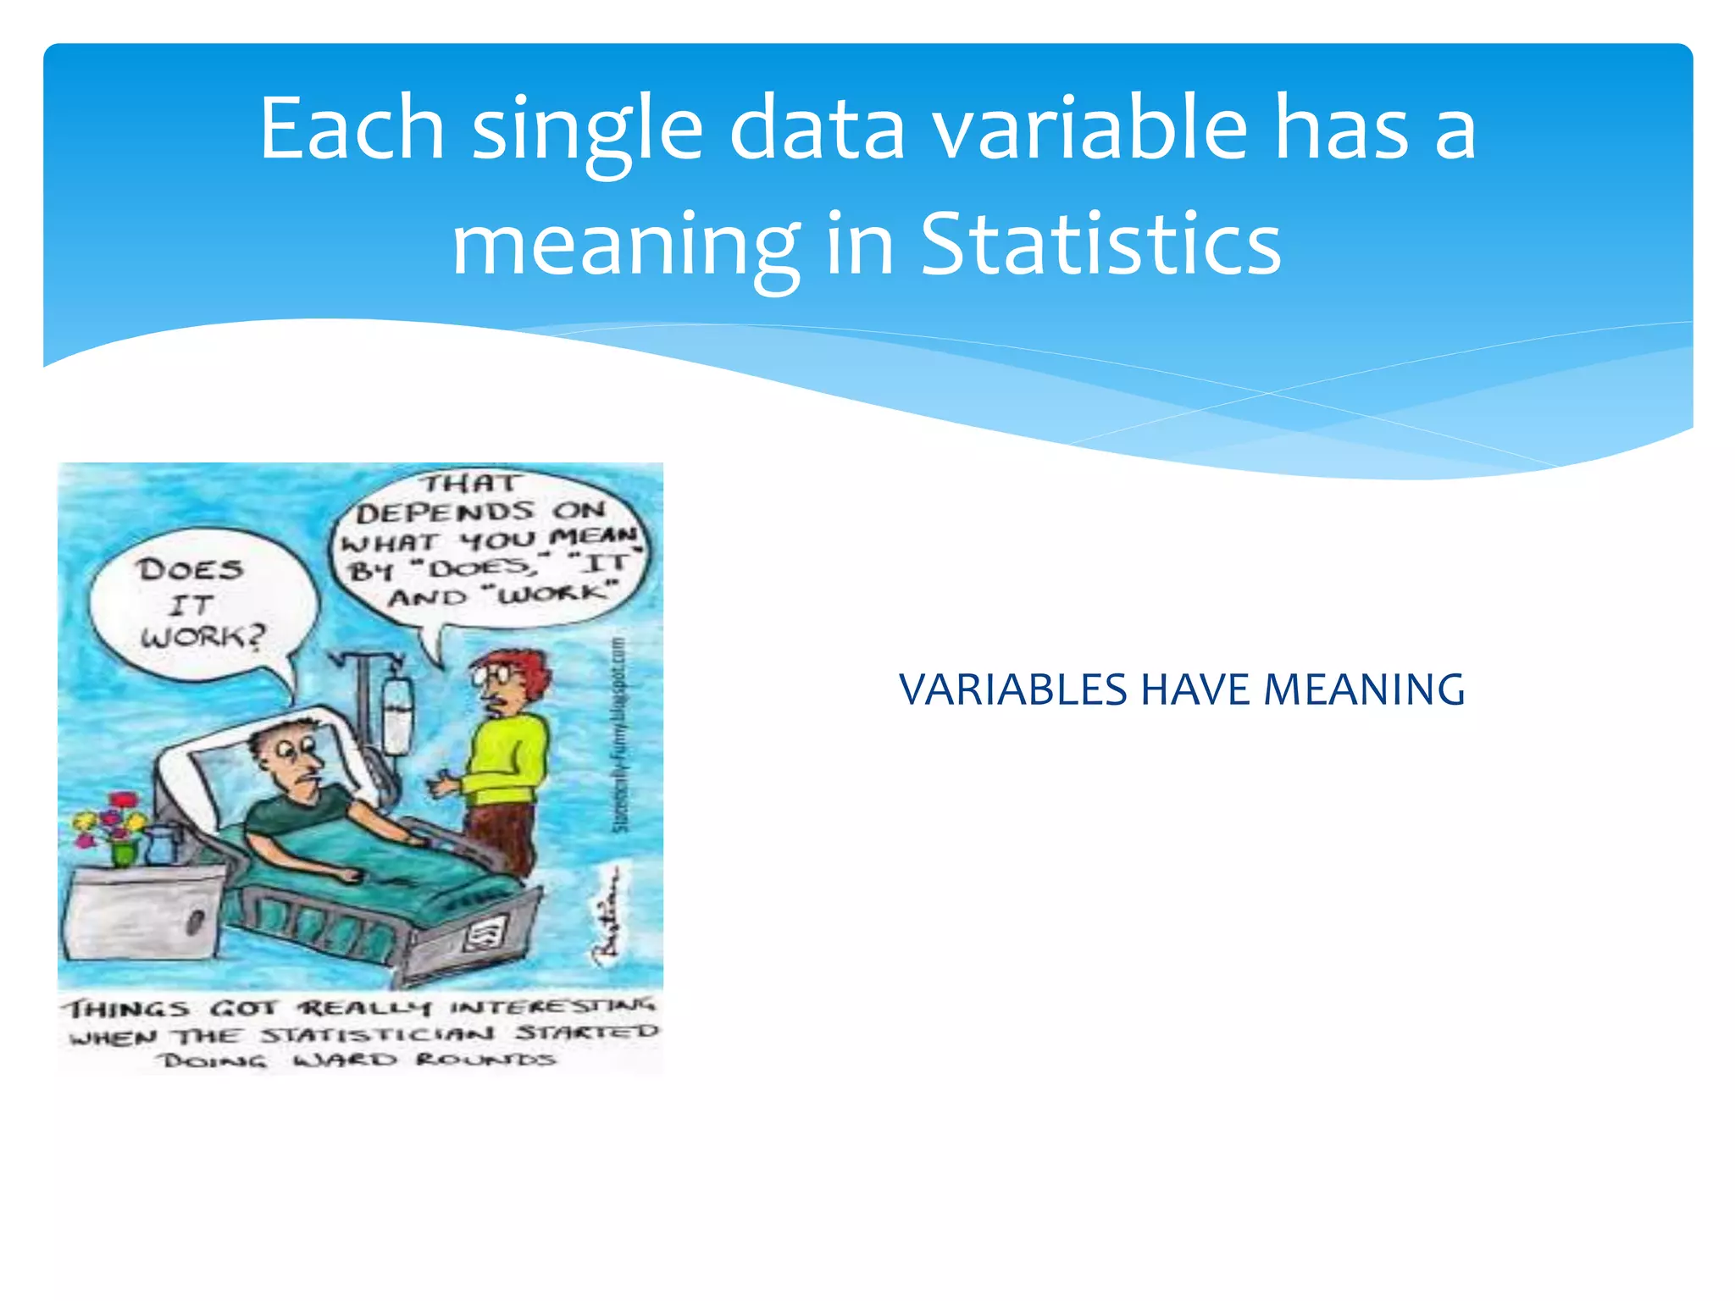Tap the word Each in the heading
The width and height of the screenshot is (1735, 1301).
352,129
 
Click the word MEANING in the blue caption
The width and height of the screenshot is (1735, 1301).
1364,689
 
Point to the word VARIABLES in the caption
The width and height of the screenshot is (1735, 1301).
1013,689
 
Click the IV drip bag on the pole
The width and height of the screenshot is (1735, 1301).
396,716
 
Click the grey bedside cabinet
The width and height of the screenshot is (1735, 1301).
140,915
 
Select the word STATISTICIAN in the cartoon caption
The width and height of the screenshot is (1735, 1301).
377,1035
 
